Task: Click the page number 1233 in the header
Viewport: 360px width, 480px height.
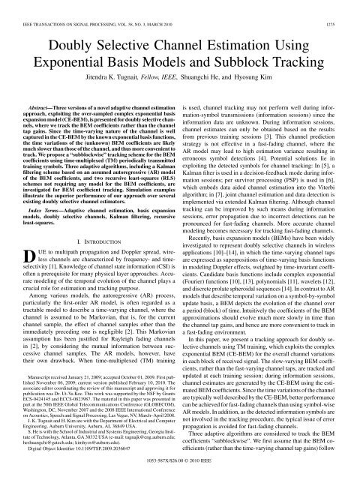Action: [x=343, y=5]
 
